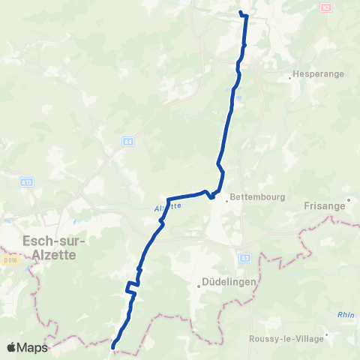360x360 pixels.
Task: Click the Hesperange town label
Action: click(313, 76)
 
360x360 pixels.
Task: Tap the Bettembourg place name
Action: click(254, 198)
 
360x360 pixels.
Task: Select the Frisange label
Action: click(325, 205)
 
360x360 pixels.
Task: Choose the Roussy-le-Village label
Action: click(288, 339)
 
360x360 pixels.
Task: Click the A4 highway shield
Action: click(128, 140)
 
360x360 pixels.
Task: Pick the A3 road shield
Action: click(244, 257)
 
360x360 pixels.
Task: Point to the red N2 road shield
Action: click(325, 7)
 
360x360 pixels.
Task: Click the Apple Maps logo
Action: click(26, 348)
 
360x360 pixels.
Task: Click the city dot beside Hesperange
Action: click(290, 76)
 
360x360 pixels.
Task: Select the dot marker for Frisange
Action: click(348, 205)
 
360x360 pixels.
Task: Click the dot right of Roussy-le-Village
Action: click(328, 335)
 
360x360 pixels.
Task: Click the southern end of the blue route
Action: click(113, 347)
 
